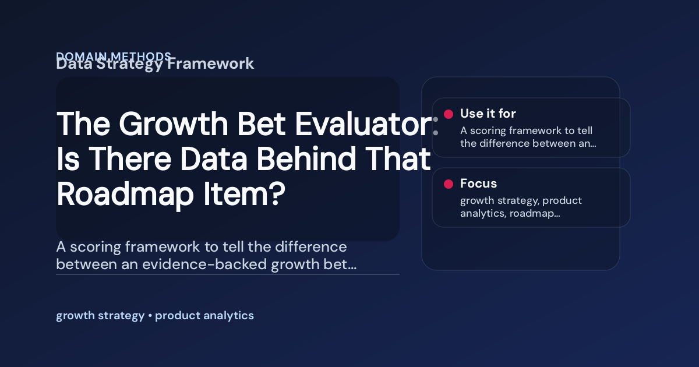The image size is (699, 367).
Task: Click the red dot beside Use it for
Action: [449, 114]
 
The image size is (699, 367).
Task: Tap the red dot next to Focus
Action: [449, 184]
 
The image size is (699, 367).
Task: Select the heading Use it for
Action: [488, 114]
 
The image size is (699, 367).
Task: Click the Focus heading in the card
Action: [478, 183]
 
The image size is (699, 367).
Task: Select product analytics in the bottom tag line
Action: [204, 316]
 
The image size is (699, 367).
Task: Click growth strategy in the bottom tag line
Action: [100, 316]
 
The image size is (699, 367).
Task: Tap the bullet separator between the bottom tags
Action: [150, 316]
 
